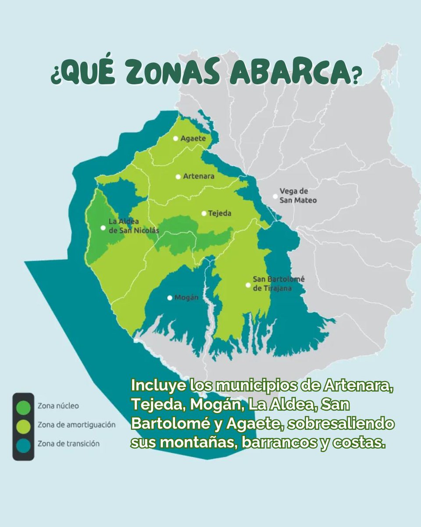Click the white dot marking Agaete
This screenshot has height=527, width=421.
[x=175, y=138]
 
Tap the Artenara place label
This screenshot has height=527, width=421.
[x=199, y=177]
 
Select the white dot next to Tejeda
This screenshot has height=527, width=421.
[x=204, y=213]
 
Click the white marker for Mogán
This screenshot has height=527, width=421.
[x=170, y=298]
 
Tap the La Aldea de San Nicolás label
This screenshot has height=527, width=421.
[x=127, y=226]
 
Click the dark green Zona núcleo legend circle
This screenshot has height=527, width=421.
[x=23, y=407]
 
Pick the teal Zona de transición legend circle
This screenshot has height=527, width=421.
[x=23, y=445]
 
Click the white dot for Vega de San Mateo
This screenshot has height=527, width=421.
[x=275, y=196]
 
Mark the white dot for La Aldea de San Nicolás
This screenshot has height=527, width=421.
[x=103, y=227]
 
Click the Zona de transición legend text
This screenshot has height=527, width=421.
[x=68, y=444]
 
